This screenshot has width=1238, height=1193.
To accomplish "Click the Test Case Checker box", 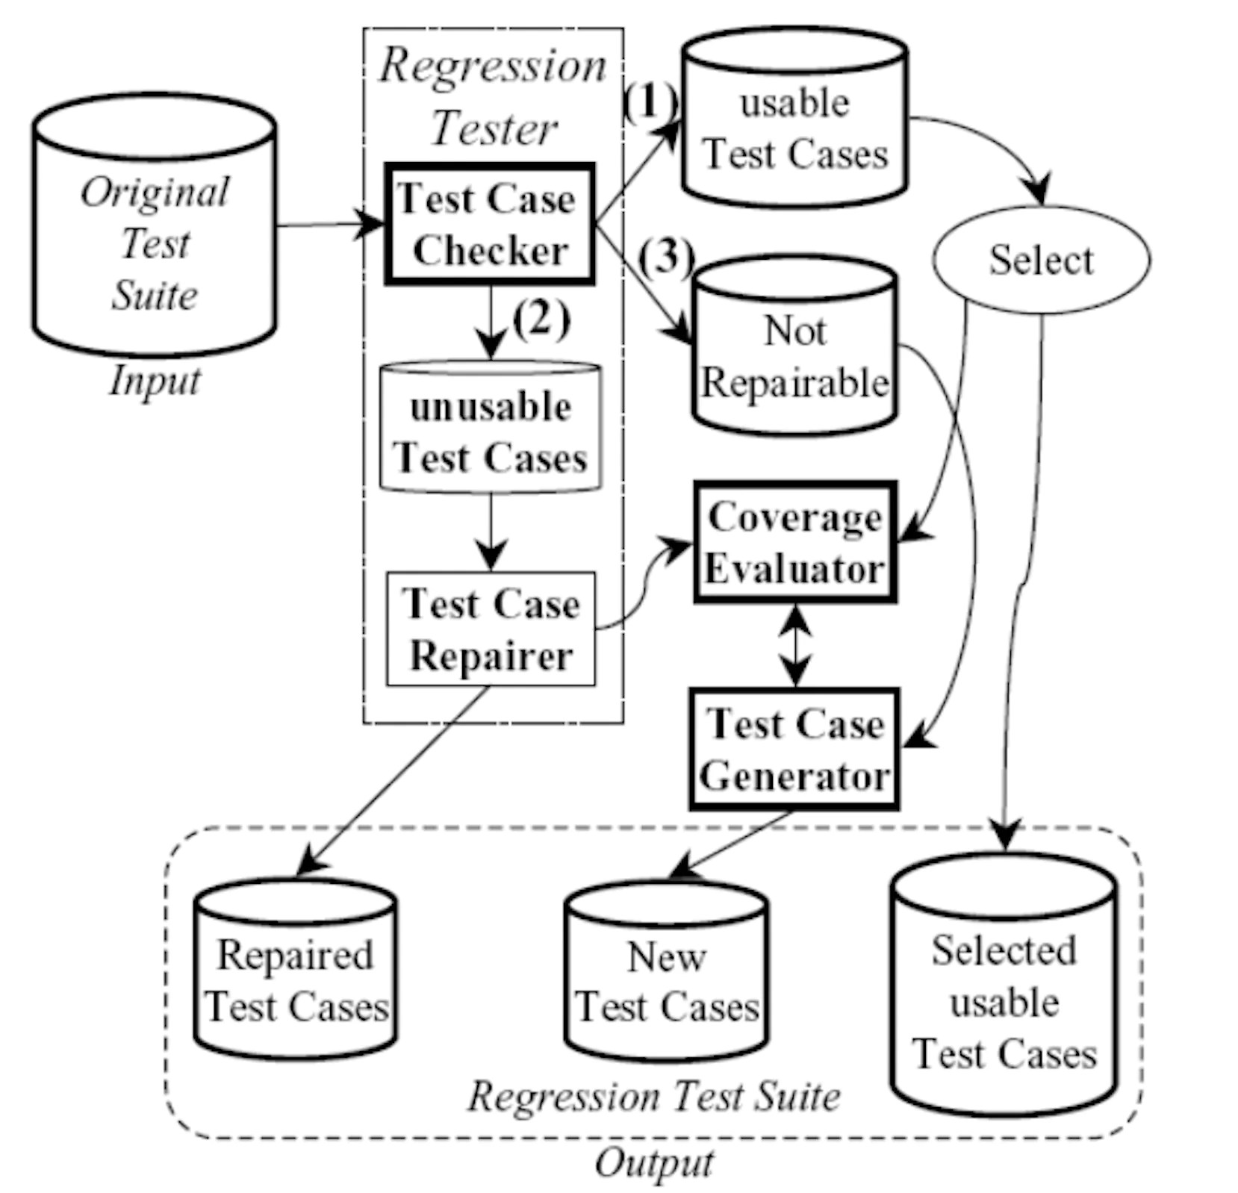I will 489,224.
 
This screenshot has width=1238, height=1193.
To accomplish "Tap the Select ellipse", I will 1040,260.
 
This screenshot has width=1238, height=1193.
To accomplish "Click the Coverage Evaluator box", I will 794,542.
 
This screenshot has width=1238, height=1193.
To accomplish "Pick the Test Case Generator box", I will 794,749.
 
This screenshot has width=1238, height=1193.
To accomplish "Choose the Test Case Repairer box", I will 491,629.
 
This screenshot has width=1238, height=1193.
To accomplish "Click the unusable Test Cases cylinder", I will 491,429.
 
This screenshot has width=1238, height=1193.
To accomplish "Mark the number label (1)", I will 650,102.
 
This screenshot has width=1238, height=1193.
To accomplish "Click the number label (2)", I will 541,320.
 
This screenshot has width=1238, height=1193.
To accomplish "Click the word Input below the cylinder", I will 155,381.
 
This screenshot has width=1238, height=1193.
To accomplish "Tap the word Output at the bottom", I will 653,1163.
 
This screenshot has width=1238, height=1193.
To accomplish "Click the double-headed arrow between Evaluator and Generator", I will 796,646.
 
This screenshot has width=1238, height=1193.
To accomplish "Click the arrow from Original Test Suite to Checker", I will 329,224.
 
